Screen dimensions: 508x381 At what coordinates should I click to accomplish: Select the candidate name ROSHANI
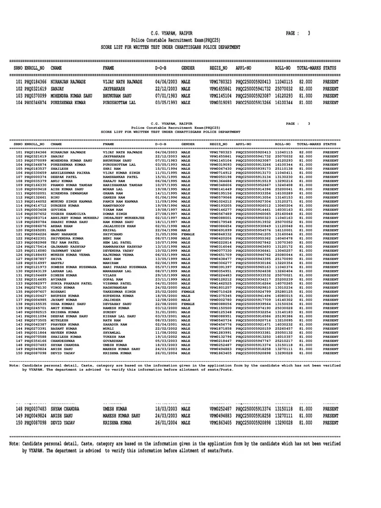pos(59,292)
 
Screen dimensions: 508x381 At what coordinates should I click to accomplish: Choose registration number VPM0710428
pos(221,292)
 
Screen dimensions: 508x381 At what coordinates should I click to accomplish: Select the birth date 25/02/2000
pos(166,292)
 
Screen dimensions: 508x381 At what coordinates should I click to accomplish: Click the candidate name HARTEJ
pos(57,263)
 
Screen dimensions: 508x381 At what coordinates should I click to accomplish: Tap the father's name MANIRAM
pos(110,263)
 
